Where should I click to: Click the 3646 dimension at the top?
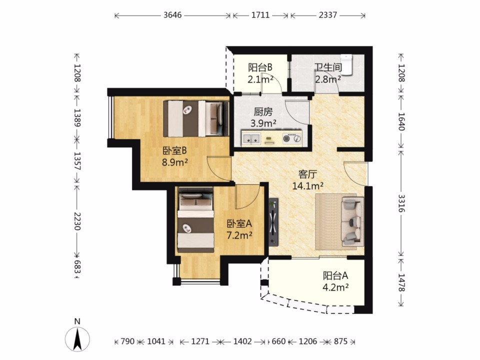point(172,15)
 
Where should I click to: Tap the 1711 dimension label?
point(260,15)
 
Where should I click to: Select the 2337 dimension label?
point(328,15)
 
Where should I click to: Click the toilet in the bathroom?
point(346,64)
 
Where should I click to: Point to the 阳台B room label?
point(260,67)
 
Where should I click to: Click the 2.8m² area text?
point(328,79)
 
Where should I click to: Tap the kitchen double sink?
point(251,138)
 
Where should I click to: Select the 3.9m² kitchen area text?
point(263,123)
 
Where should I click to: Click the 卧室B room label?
point(174,150)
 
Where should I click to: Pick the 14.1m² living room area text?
point(308,186)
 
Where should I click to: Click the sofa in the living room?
point(352,221)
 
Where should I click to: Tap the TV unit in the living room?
point(273,222)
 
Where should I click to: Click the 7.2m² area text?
point(239,235)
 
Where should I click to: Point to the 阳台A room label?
point(335,276)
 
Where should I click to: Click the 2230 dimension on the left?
point(77,221)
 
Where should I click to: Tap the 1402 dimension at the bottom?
point(242,341)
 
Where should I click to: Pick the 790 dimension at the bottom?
point(127,341)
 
